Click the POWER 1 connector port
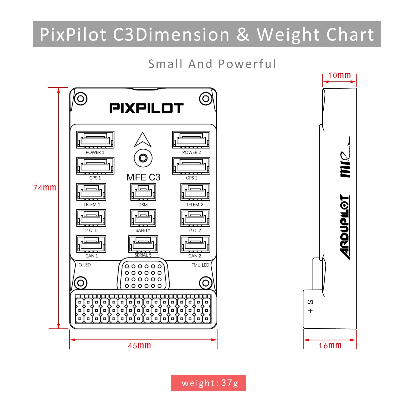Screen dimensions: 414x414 pos(95,140)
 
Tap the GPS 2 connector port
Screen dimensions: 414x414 pos(191,166)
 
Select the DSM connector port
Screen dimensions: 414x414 pos(143,192)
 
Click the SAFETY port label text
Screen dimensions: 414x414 pos(143,230)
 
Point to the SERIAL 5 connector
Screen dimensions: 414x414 pos(143,244)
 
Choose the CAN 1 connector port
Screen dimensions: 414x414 pos(91,244)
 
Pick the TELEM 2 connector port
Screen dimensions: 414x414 pos(195,192)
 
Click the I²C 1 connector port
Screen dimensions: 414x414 pos(91,218)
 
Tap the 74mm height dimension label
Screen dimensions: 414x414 pos(45,188)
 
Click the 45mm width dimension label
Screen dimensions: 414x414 pos(139,346)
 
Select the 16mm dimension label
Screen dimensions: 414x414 pos(330,346)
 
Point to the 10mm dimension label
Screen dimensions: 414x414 pos(339,75)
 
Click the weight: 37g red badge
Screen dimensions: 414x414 pos(208,383)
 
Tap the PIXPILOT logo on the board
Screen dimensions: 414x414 pos(146,108)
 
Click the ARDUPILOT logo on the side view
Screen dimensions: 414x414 pos(345,227)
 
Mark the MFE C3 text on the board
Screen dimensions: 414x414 pos(143,177)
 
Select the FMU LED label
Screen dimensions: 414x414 pos(200,265)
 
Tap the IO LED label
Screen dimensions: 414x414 pos(84,265)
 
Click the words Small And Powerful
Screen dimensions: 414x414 pos(212,64)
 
